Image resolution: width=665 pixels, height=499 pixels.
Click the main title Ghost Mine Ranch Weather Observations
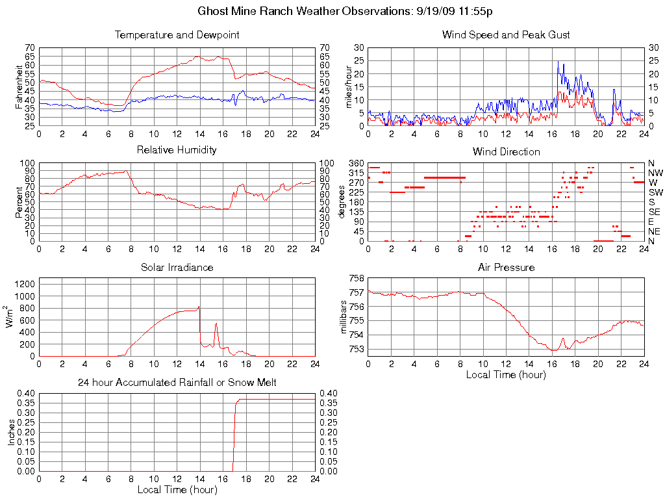345,12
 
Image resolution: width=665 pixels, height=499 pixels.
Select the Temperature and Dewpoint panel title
177,34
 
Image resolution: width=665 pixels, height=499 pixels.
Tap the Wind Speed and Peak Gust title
506,34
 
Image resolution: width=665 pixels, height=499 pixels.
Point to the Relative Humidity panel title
177,150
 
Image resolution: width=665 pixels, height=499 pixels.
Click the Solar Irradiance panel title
177,267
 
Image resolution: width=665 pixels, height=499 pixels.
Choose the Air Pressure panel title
506,267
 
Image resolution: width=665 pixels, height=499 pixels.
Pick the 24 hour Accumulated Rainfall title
177,383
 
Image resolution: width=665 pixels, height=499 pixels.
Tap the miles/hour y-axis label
348,86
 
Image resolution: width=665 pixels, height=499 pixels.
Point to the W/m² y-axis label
10,317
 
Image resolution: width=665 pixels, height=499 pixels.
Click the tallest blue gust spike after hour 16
558,62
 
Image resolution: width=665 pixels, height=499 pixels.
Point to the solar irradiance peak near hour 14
199,307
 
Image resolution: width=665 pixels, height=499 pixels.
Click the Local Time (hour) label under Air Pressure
506,374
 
